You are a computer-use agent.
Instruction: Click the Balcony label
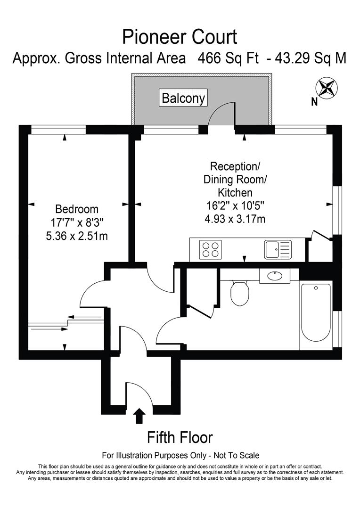[x=183, y=98]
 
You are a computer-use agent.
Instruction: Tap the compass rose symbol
[x=326, y=88]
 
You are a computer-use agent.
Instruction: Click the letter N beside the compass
[x=314, y=101]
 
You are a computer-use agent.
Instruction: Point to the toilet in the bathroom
[x=240, y=292]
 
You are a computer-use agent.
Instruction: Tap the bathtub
[x=316, y=312]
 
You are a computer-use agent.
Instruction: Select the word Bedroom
[x=77, y=209]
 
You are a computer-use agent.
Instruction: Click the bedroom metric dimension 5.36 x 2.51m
[x=77, y=236]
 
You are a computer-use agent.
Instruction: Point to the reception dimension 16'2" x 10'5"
[x=235, y=205]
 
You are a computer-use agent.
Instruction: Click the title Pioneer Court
[x=180, y=36]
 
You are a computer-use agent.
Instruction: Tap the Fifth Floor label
[x=180, y=437]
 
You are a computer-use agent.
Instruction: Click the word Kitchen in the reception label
[x=235, y=192]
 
